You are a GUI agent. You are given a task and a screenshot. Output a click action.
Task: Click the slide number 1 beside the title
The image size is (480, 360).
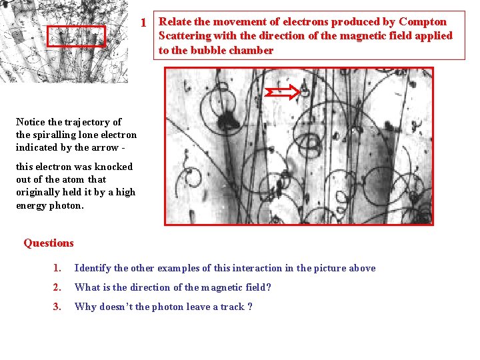143,23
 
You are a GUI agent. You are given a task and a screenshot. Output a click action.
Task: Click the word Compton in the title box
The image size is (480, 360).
423,21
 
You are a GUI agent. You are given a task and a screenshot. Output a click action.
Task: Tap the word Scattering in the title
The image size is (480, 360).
185,36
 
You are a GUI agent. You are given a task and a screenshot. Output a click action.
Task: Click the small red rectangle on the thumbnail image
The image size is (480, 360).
76,36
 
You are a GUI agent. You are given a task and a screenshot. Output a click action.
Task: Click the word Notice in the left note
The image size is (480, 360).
31,122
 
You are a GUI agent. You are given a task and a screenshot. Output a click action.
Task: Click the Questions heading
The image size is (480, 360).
48,243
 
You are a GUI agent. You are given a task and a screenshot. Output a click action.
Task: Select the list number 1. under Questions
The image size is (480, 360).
57,269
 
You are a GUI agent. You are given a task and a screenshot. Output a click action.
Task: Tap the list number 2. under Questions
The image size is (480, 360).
57,288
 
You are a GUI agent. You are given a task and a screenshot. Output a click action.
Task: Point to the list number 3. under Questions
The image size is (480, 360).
57,307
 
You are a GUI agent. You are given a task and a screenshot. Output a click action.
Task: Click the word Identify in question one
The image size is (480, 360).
93,269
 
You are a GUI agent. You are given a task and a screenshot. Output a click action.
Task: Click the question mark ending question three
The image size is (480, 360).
250,307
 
